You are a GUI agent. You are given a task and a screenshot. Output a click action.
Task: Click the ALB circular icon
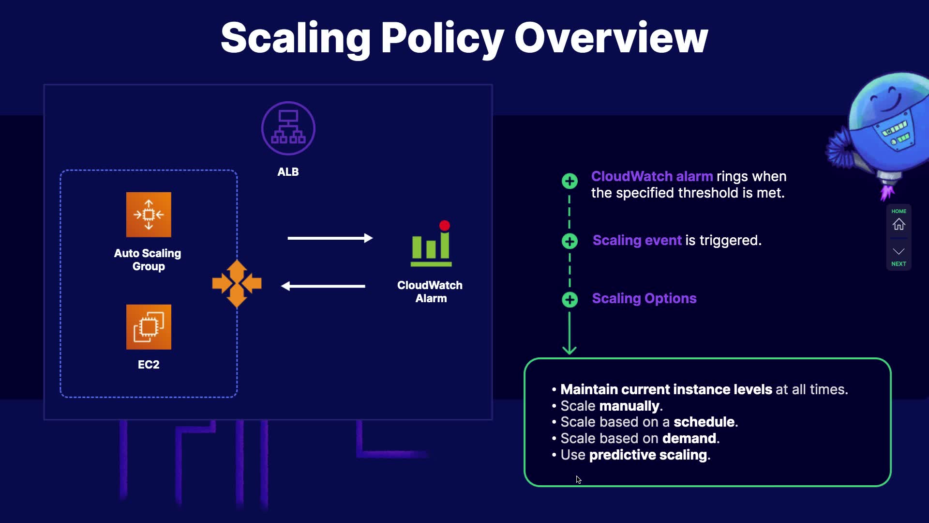(x=288, y=128)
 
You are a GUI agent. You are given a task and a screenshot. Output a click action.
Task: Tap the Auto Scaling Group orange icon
(x=149, y=215)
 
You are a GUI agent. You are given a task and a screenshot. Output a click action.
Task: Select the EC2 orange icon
(x=149, y=327)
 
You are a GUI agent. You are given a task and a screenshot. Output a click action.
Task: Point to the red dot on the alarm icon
(x=445, y=226)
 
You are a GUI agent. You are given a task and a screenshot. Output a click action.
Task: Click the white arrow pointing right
(x=330, y=238)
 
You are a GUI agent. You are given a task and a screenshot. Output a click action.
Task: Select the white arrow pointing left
(x=323, y=286)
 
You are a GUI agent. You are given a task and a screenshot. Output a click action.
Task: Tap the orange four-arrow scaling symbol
(x=237, y=284)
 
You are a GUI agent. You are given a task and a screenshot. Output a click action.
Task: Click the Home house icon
(x=899, y=225)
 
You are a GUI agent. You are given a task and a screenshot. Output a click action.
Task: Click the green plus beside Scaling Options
(x=569, y=300)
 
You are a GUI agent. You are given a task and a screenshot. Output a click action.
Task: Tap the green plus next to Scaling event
(x=569, y=241)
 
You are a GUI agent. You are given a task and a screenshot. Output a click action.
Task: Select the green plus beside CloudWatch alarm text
(x=569, y=181)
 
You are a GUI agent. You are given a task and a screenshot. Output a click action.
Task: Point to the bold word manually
(x=629, y=406)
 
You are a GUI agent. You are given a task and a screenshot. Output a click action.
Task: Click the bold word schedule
(x=704, y=422)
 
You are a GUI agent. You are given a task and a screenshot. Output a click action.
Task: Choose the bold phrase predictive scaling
(x=648, y=455)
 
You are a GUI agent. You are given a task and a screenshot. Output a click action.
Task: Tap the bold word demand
(x=689, y=438)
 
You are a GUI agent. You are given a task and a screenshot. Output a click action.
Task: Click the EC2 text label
(x=149, y=365)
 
